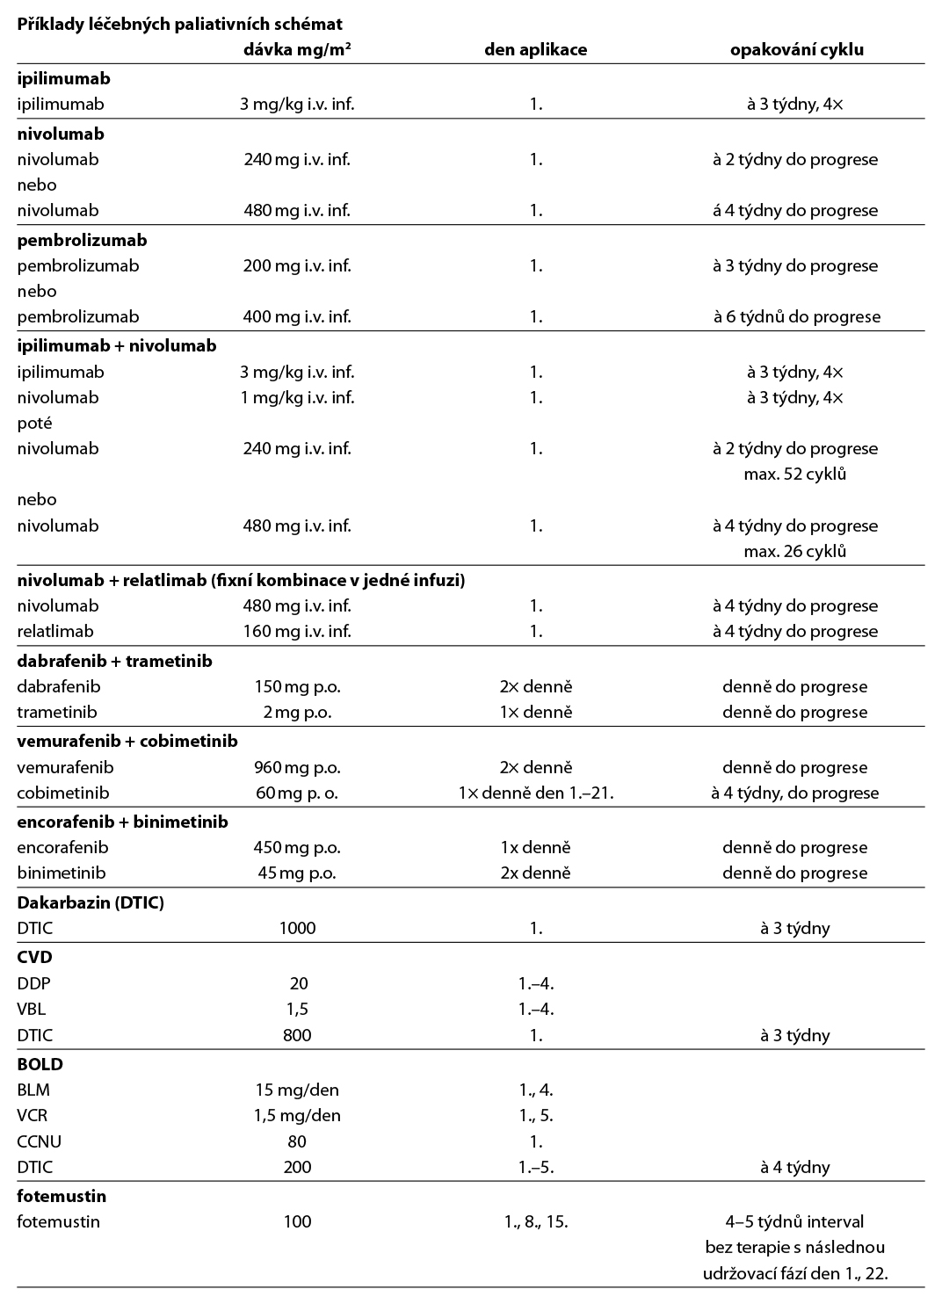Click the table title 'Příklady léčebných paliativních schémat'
click(179, 24)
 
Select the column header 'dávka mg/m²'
click(297, 49)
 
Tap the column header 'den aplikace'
click(535, 49)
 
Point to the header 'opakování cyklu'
click(796, 49)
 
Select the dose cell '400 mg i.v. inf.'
click(297, 316)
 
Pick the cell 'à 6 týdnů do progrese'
click(796, 316)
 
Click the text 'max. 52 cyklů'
click(795, 474)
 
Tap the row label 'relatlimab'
click(55, 631)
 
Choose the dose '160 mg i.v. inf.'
click(297, 631)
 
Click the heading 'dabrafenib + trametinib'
click(114, 661)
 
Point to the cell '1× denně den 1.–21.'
click(536, 793)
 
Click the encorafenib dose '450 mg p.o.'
click(297, 847)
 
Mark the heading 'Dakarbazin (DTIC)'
click(91, 902)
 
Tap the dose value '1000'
click(297, 928)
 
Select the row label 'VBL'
click(32, 1010)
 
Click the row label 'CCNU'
click(39, 1141)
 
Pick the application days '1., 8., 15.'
click(536, 1221)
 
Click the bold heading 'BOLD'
click(40, 1064)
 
